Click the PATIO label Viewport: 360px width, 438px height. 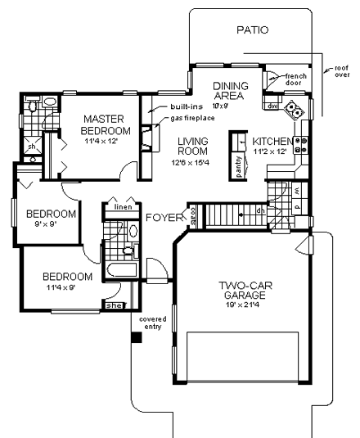(251, 30)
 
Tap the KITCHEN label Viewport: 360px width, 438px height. (272, 141)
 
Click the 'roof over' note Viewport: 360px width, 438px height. (336, 73)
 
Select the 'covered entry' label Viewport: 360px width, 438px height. (151, 322)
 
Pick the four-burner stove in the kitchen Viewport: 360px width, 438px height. (301, 145)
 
